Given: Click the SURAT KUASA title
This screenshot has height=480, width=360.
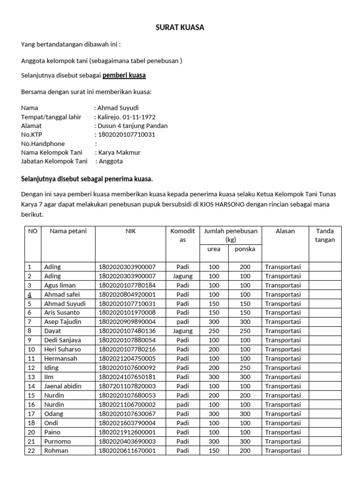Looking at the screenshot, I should point(180,28).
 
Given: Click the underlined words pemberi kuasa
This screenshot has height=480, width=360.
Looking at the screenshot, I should point(124,75).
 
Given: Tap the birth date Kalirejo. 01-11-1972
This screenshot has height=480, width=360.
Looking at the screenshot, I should point(126,117).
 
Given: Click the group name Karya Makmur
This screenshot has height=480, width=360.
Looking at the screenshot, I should point(119,152).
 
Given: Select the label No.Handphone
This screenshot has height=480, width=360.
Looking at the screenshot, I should point(43,143).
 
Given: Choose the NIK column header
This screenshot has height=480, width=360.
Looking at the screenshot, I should point(130,231).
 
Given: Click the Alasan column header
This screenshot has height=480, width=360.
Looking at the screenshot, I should point(285,231).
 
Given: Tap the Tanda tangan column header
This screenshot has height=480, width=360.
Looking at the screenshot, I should point(325,235).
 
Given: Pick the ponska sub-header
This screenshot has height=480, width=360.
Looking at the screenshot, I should point(245,249).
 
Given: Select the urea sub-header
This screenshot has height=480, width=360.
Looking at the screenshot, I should point(214,249).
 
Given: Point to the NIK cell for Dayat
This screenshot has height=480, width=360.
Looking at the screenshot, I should point(127,331).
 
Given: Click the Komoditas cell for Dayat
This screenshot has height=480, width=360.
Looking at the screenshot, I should point(183,331).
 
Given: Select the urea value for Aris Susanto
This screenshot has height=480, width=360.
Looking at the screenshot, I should point(214,313).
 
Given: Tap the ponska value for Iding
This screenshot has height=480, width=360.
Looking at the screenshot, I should point(245,367).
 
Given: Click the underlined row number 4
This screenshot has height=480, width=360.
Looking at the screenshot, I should point(30,294).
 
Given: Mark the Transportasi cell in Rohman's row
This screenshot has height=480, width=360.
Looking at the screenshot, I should point(283,450).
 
